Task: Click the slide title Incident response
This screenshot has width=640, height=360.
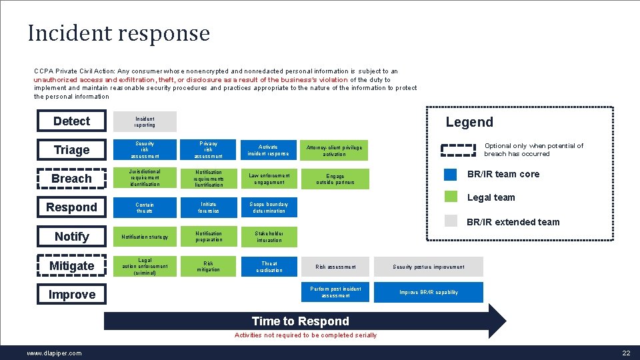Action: [119, 33]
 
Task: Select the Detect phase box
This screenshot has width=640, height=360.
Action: [71, 121]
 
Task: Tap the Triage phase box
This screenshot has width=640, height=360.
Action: [71, 150]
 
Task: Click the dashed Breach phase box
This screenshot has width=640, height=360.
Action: [71, 179]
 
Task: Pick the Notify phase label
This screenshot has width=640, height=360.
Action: [71, 237]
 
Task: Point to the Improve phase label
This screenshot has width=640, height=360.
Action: [71, 295]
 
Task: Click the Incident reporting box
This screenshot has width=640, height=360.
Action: [145, 121]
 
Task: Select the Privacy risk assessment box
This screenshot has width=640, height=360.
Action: [208, 150]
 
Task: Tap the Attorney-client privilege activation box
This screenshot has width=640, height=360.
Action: [335, 151]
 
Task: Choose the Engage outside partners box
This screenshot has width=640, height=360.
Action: [335, 179]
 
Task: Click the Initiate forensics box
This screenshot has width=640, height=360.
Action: [208, 208]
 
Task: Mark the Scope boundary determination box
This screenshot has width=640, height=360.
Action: [268, 208]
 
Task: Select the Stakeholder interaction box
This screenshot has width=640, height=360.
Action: [269, 237]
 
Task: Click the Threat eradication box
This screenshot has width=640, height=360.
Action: [269, 267]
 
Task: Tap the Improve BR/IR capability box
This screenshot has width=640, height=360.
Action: [428, 292]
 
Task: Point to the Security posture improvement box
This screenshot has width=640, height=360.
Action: [428, 267]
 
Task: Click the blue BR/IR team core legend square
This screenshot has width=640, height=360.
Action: [451, 174]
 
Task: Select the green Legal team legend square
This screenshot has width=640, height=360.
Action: [451, 197]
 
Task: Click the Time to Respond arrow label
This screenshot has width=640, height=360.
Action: [300, 321]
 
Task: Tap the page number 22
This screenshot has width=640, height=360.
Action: [625, 353]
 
